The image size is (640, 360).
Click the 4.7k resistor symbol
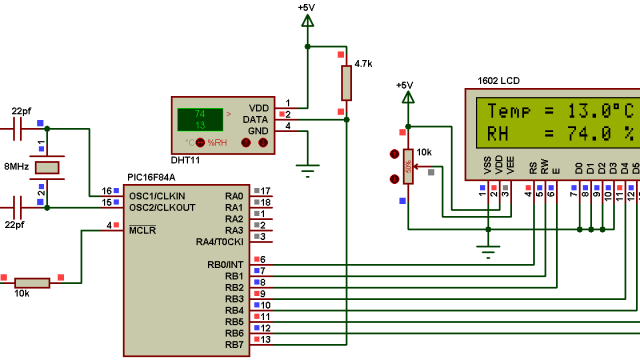coord(347,82)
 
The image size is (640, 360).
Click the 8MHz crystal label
coord(17,167)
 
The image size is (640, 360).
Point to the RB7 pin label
coord(234,345)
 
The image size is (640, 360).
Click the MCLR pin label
coord(141,230)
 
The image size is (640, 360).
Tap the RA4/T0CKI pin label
coord(220,241)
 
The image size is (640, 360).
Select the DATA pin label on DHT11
coord(257,118)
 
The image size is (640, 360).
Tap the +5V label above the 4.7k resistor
coord(306,8)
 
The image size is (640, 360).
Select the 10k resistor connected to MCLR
coord(33,283)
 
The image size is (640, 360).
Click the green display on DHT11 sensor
coord(200,119)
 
